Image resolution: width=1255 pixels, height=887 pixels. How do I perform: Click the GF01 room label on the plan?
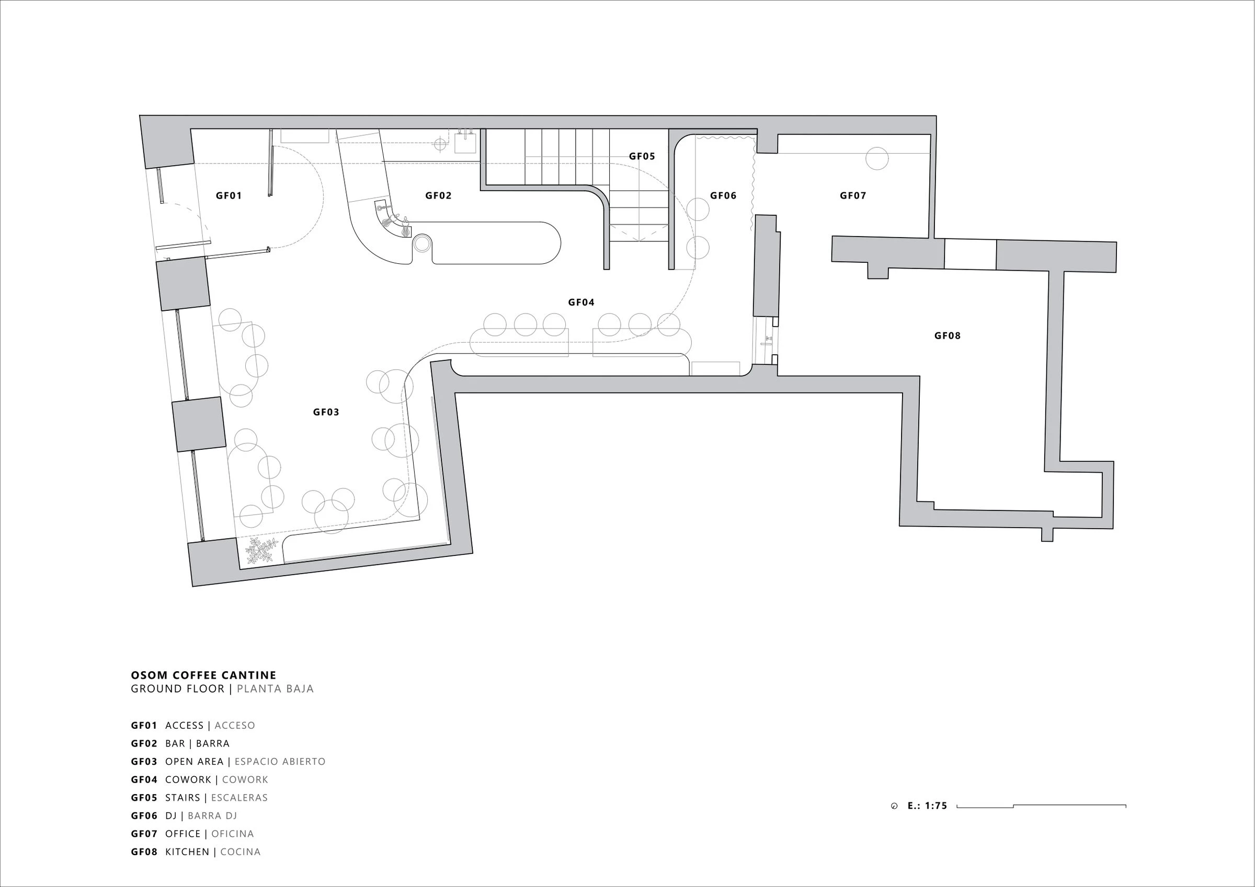click(x=229, y=195)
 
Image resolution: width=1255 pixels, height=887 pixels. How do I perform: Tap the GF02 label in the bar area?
click(x=438, y=195)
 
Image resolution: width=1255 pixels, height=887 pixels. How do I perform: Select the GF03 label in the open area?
click(x=326, y=412)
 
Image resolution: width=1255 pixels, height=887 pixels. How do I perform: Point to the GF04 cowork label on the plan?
click(x=581, y=302)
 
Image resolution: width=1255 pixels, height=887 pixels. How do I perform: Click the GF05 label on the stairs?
click(x=642, y=156)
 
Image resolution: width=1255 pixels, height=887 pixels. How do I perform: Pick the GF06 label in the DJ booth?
click(x=723, y=195)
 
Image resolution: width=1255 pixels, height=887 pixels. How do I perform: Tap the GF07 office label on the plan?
click(x=853, y=195)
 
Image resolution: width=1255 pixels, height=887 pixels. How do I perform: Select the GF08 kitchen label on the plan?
click(x=947, y=336)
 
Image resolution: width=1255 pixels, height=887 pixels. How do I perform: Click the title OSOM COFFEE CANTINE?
click(x=203, y=675)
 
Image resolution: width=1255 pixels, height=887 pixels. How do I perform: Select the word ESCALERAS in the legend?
click(x=239, y=798)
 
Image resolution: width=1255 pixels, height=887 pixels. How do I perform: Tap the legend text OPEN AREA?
click(x=194, y=762)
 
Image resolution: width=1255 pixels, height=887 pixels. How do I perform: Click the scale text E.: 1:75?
click(x=927, y=806)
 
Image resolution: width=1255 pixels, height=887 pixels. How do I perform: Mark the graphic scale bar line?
click(x=1041, y=806)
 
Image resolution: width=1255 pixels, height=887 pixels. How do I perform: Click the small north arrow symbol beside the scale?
click(x=894, y=806)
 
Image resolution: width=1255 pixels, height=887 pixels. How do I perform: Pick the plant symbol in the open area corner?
click(x=261, y=551)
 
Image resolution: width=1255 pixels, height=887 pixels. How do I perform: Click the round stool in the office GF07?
click(x=877, y=158)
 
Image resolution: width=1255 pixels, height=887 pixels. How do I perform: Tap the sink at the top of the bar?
click(x=465, y=143)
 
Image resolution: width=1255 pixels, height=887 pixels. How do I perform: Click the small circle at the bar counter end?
click(x=422, y=243)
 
